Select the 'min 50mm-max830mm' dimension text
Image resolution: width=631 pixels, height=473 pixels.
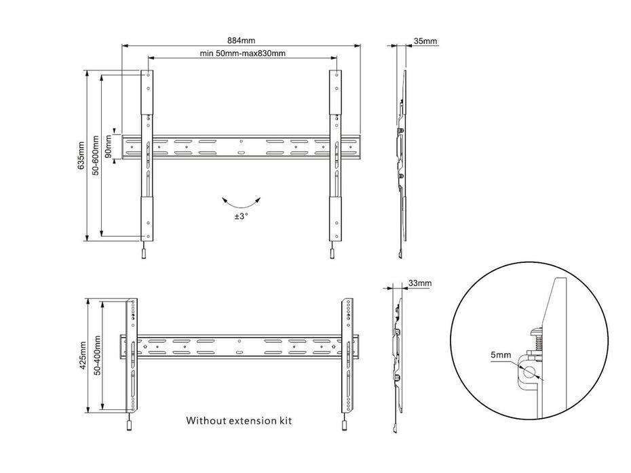(x=242, y=53)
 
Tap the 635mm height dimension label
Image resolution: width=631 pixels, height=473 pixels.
(x=81, y=155)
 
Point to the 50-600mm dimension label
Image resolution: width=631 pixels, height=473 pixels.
(x=96, y=155)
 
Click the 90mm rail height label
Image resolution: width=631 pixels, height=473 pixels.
(x=109, y=145)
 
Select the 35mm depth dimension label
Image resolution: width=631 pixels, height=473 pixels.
(x=425, y=41)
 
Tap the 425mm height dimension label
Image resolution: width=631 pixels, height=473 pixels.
(x=82, y=354)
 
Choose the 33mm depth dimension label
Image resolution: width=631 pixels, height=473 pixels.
(x=419, y=283)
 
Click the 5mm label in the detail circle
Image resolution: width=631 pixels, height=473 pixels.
(x=503, y=354)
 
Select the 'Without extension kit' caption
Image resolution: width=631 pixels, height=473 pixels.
(x=239, y=421)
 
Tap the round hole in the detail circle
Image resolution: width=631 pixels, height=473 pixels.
(x=529, y=371)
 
